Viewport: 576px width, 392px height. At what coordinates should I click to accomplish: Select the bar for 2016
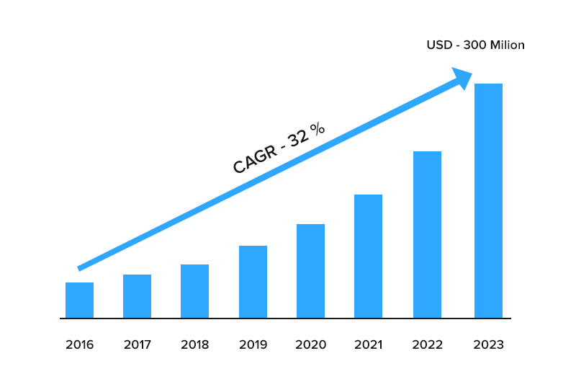pyautogui.click(x=79, y=300)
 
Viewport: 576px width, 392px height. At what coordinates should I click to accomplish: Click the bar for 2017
pyautogui.click(x=137, y=296)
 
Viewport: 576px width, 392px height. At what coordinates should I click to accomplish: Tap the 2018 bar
pyautogui.click(x=194, y=291)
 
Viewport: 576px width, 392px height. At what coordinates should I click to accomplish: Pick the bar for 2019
pyautogui.click(x=253, y=282)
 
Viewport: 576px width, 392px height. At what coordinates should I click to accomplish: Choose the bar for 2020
pyautogui.click(x=310, y=271)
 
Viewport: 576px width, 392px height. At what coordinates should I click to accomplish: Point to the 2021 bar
pyautogui.click(x=368, y=256)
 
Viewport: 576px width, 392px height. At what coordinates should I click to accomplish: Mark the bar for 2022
pyautogui.click(x=427, y=234)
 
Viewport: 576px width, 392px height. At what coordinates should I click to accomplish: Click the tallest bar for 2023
pyautogui.click(x=488, y=200)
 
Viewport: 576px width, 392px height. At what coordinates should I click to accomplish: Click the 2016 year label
pyautogui.click(x=79, y=344)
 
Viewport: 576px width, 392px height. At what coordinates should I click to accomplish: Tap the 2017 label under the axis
pyautogui.click(x=137, y=344)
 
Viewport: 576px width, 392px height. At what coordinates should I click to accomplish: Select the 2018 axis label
pyautogui.click(x=194, y=344)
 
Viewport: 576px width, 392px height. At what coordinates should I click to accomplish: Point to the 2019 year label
pyautogui.click(x=253, y=344)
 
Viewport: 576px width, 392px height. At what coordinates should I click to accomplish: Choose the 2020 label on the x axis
pyautogui.click(x=310, y=344)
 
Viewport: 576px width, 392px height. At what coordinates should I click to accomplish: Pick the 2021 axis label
pyautogui.click(x=368, y=344)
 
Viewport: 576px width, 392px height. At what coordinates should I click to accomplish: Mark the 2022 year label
pyautogui.click(x=427, y=344)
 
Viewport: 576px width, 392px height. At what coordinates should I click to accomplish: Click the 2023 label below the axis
pyautogui.click(x=488, y=344)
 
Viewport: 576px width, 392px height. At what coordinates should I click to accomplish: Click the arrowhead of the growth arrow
pyautogui.click(x=461, y=77)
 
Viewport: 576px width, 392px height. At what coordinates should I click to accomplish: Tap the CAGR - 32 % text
pyautogui.click(x=279, y=148)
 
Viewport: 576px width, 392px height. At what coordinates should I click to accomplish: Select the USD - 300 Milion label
pyautogui.click(x=475, y=45)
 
